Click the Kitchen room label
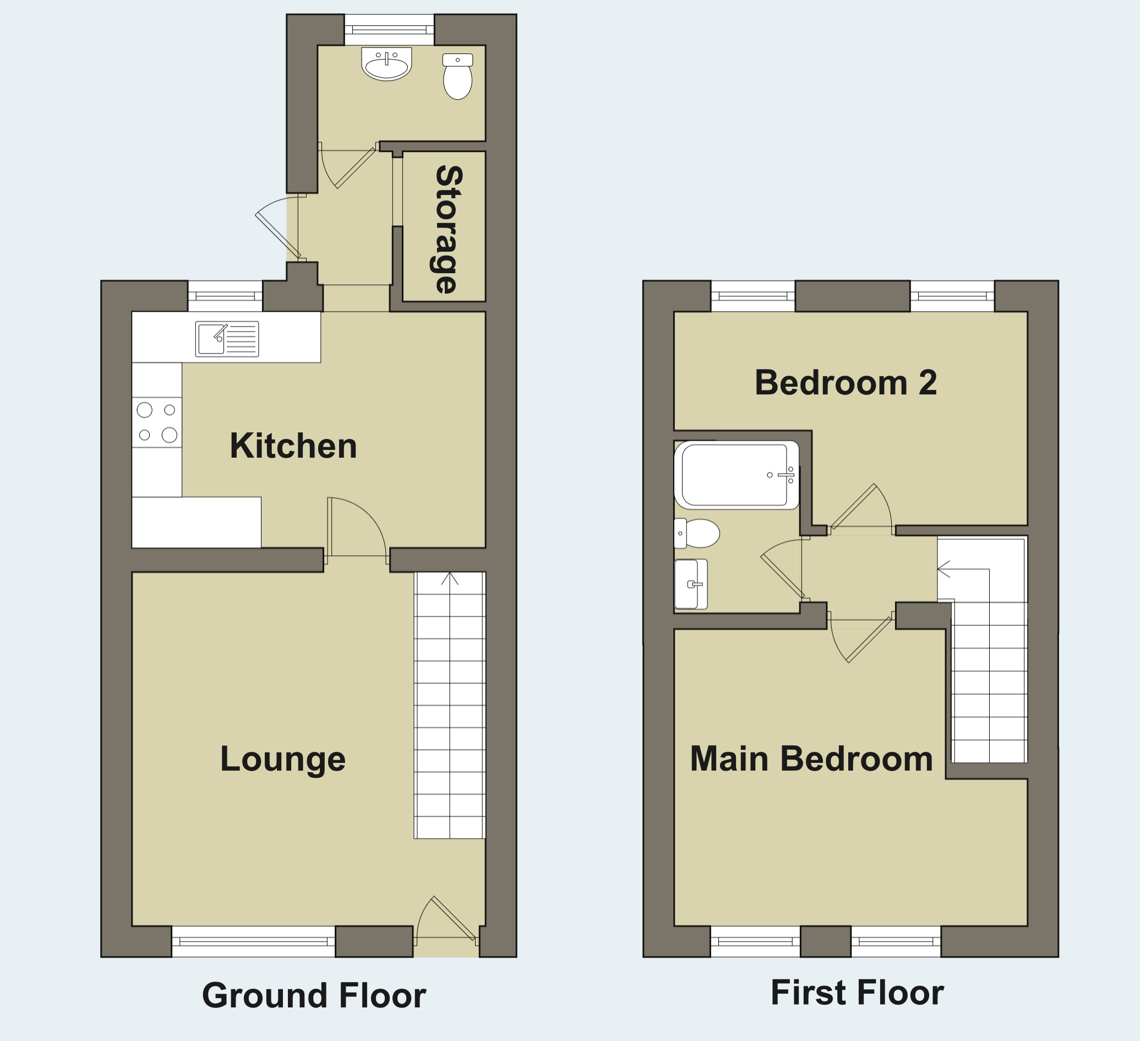coord(293,446)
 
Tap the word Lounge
coord(283,759)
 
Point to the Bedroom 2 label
coord(846,382)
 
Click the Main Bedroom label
coord(811,758)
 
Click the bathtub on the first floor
coord(737,475)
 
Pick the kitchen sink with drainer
coord(227,339)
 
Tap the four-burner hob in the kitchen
coord(157,422)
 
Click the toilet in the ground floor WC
coord(457,77)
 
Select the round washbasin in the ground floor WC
coord(386,64)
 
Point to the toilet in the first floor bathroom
coord(697,533)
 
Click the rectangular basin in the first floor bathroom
coord(690,584)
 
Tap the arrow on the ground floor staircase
coord(450,578)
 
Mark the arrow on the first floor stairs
coord(944,568)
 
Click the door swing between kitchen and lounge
coord(356,527)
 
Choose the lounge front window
coord(253,941)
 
